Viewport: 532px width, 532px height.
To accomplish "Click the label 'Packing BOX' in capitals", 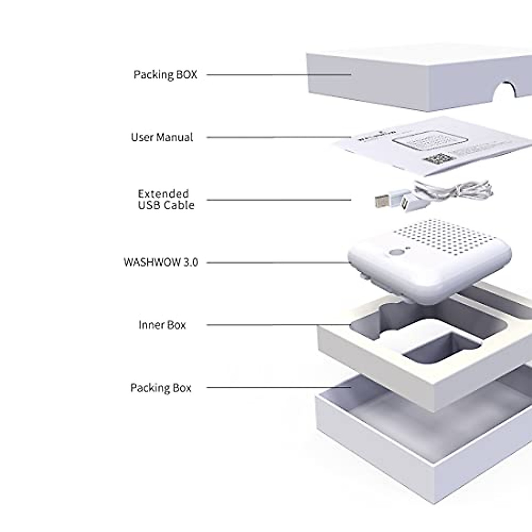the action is (165, 74).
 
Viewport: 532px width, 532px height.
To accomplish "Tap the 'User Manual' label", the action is (162, 137).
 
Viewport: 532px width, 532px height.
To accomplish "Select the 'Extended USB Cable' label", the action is (166, 199).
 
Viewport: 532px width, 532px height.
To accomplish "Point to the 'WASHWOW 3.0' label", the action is (160, 262).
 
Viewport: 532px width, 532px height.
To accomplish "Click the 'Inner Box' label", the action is (162, 325).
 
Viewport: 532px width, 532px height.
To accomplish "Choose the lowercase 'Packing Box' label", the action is (160, 388).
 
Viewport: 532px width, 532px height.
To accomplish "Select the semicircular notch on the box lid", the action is (505, 91).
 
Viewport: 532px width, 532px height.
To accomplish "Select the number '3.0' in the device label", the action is (189, 262).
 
